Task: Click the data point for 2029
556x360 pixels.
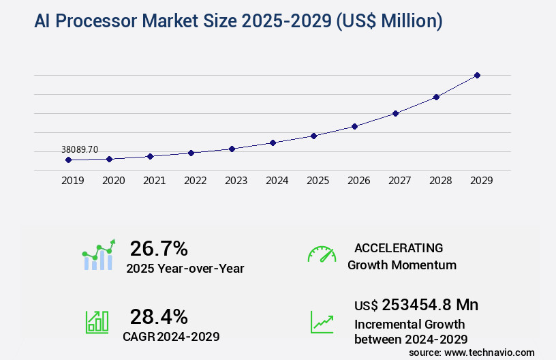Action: click(x=477, y=75)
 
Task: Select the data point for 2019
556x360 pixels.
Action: click(x=68, y=160)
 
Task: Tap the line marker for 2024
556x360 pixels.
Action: click(x=273, y=142)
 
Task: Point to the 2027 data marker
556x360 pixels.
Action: click(x=395, y=113)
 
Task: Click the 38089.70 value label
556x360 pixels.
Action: click(x=79, y=149)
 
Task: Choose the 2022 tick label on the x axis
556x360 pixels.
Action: click(x=195, y=181)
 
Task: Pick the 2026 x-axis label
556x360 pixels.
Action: click(x=358, y=181)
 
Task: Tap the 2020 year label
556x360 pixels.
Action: click(x=113, y=181)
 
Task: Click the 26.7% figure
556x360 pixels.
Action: click(x=159, y=248)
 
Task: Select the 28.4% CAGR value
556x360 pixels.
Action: click(x=159, y=316)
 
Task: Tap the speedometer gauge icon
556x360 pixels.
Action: click(x=322, y=254)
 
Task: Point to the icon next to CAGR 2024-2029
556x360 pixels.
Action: click(x=97, y=322)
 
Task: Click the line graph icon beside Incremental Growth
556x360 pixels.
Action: click(x=322, y=322)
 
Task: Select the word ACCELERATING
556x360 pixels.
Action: click(x=399, y=247)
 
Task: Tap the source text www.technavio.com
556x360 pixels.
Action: click(x=489, y=352)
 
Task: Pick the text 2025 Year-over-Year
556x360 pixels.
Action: click(x=185, y=269)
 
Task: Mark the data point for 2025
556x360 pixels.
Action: click(x=313, y=136)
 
